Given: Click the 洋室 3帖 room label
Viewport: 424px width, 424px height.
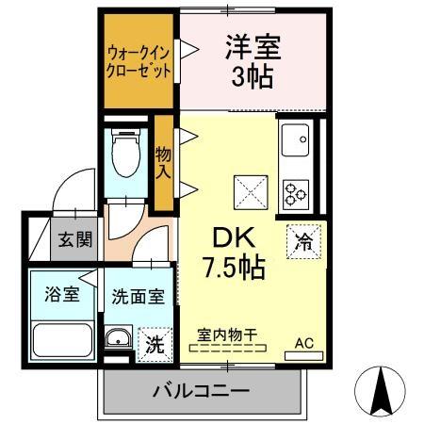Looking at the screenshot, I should [253, 60].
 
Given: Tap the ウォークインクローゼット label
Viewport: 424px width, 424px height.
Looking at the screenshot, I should [139, 62].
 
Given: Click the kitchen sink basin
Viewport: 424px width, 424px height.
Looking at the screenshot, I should [295, 140].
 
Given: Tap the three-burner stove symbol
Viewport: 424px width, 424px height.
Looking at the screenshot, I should [296, 190].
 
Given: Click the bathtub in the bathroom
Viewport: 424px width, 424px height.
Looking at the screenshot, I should [62, 338].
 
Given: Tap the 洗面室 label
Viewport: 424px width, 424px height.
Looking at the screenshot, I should [138, 295].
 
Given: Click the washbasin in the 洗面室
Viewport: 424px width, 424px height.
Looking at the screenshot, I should [119, 340].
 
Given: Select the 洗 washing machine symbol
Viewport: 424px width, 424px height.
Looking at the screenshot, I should [155, 344].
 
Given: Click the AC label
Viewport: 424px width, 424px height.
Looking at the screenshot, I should [305, 343].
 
